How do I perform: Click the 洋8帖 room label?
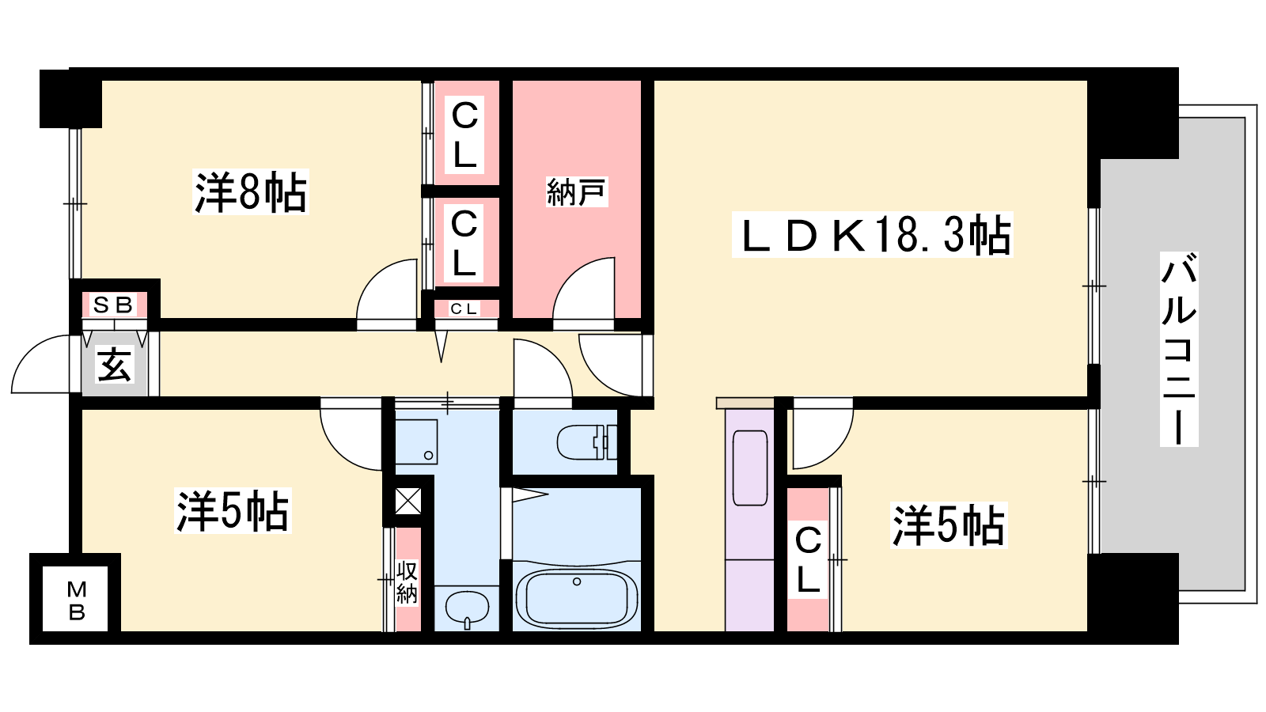[x=250, y=192]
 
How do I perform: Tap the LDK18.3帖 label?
[x=873, y=235]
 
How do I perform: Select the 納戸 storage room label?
[x=577, y=192]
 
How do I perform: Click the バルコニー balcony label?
[x=1178, y=349]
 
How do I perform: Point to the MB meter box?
[x=76, y=600]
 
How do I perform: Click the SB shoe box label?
[x=113, y=305]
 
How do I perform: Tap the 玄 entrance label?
[x=114, y=365]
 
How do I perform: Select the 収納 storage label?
[x=407, y=582]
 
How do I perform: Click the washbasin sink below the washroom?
[x=467, y=608]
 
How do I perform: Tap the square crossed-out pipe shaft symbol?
[x=408, y=501]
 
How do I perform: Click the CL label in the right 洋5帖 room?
[x=808, y=561]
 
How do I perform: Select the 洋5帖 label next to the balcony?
[x=948, y=525]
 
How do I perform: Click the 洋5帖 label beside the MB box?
[x=233, y=510]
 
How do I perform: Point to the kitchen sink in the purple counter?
[x=750, y=468]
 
